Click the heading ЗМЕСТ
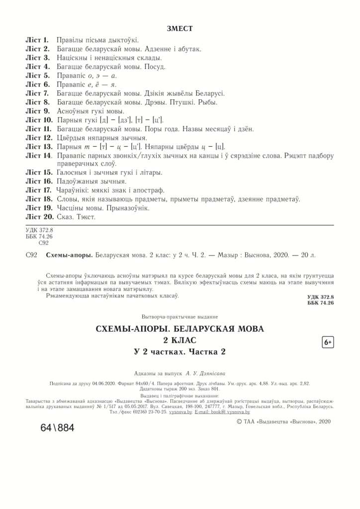180,28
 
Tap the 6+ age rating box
328,342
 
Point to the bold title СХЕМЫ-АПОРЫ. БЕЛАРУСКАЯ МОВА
180,329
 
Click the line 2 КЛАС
180,340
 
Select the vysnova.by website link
180,412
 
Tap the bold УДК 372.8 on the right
320,297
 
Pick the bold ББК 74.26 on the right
320,303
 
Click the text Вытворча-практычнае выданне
180,317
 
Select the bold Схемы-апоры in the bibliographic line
69,255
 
